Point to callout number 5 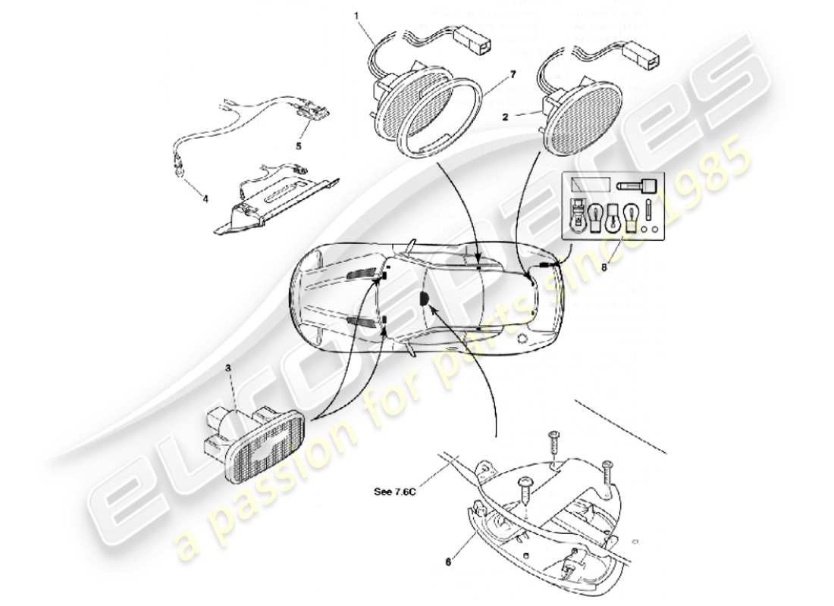pos(298,145)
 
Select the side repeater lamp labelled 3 pos(254,439)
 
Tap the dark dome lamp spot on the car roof pos(424,300)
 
